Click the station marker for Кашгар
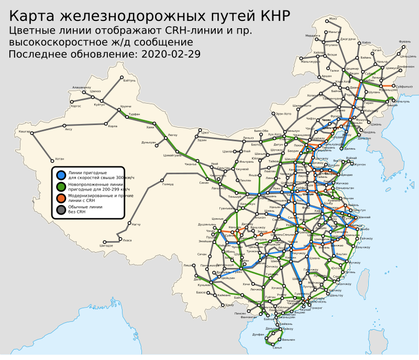pos(31,133)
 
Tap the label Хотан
pos(59,159)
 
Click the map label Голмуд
pos(168,184)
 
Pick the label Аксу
pos(69,129)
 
